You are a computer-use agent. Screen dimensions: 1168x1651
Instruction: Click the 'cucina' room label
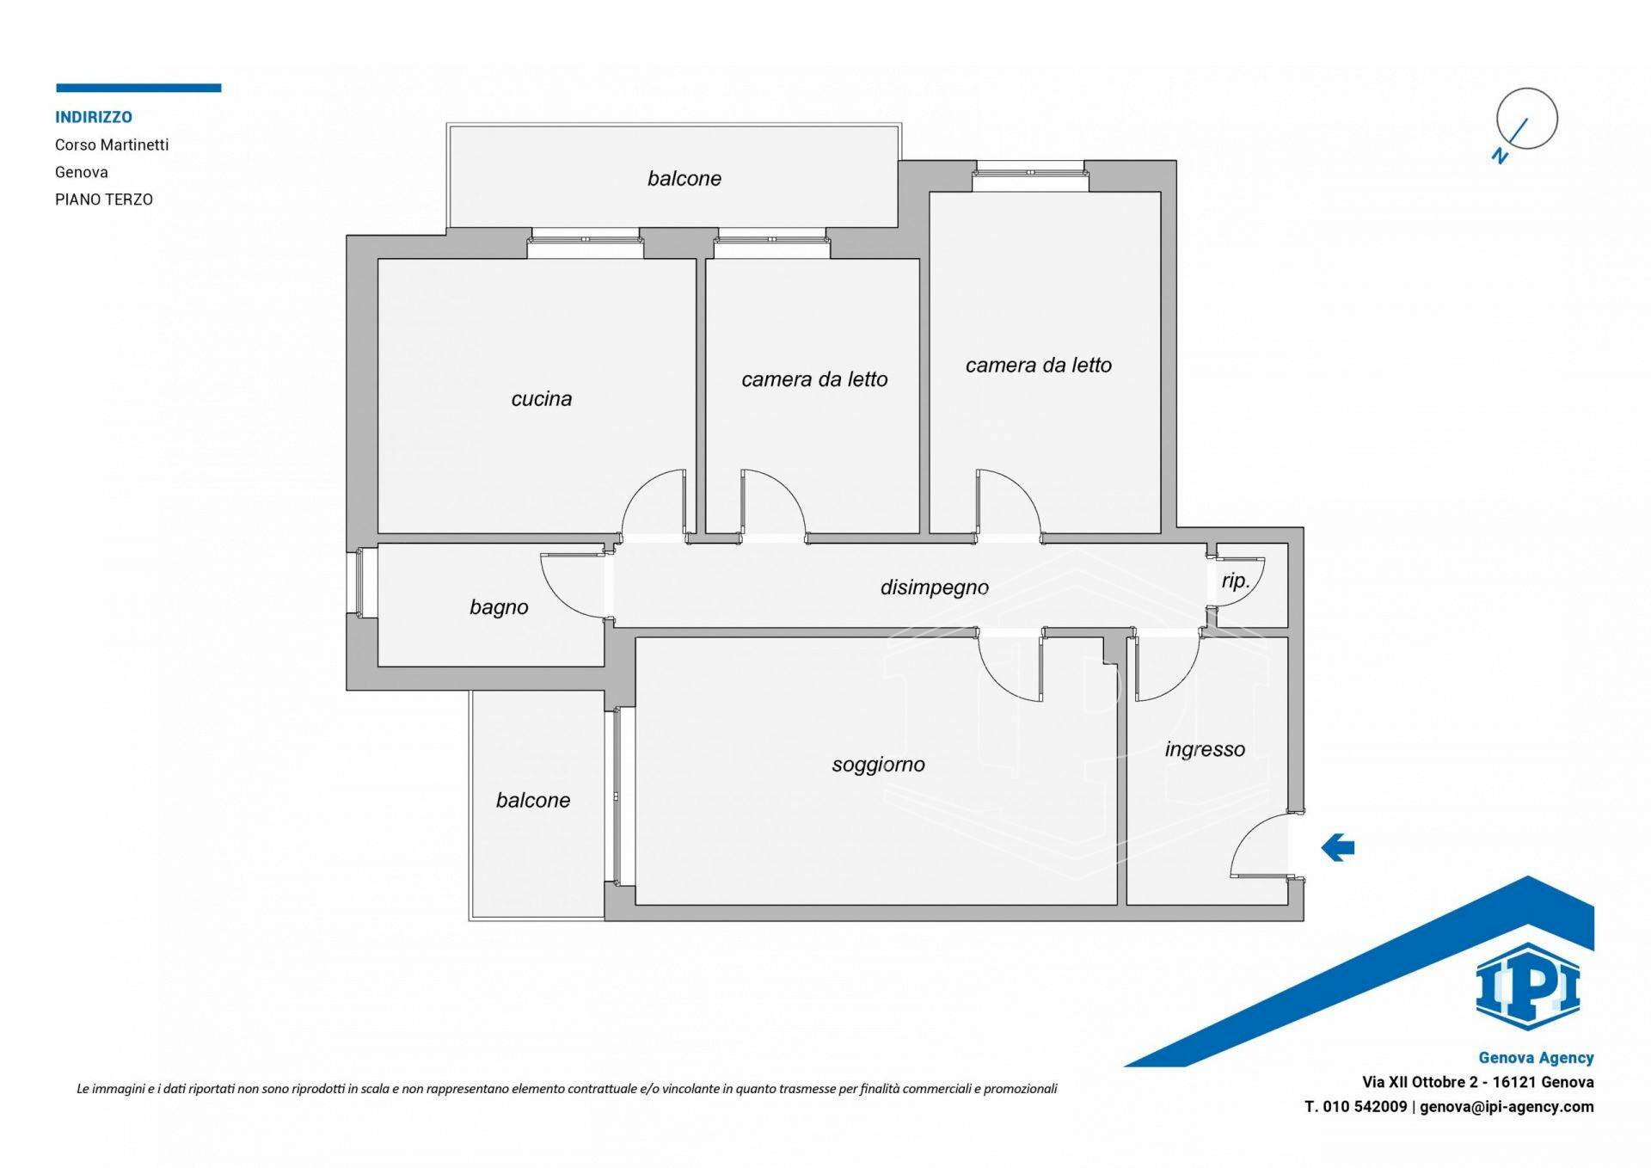(541, 399)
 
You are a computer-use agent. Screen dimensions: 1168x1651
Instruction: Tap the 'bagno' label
(499, 607)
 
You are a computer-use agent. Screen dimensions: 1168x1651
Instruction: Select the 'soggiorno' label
(878, 765)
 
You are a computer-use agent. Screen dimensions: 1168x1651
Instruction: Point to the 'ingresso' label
(1205, 749)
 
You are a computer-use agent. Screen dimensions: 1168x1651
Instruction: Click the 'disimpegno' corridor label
(934, 587)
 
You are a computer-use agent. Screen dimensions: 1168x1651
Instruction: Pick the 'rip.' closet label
(1235, 581)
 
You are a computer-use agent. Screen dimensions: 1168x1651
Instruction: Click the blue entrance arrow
(1338, 848)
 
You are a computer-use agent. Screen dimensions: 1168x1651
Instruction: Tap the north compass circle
(1526, 119)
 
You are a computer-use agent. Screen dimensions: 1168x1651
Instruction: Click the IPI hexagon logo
(1528, 987)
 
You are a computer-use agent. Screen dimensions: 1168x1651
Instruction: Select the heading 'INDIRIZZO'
(94, 117)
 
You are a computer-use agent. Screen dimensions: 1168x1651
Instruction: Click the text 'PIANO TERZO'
(104, 200)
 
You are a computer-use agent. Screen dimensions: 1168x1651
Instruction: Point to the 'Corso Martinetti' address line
(112, 144)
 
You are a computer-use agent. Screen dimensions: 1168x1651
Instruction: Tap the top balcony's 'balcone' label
(684, 179)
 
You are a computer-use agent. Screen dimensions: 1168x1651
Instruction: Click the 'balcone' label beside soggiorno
(533, 801)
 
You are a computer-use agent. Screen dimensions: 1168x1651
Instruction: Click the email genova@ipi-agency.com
(1507, 1107)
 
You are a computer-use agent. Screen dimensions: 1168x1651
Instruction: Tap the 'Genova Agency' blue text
(1536, 1058)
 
